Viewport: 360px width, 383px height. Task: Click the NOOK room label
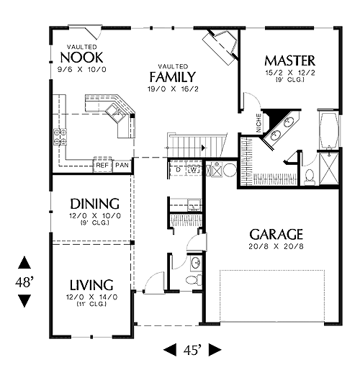(x=81, y=58)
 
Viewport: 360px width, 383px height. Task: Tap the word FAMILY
(x=173, y=77)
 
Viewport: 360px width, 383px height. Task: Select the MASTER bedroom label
(x=290, y=60)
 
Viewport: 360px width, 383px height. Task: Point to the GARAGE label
(x=276, y=235)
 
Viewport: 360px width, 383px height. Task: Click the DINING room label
(x=95, y=204)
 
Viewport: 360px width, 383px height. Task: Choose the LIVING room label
(x=91, y=285)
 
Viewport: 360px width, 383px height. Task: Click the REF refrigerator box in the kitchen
(x=102, y=165)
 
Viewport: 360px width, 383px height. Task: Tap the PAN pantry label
(x=122, y=165)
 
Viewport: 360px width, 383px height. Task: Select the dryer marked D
(x=179, y=169)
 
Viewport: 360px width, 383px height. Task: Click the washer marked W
(x=194, y=169)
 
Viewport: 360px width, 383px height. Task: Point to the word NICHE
(x=258, y=123)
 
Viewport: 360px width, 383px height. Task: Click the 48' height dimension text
(x=24, y=282)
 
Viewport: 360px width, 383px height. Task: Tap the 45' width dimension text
(x=192, y=351)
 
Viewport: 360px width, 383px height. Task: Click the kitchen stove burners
(x=60, y=137)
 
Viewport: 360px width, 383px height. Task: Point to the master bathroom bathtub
(x=329, y=130)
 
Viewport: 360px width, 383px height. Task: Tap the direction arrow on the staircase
(x=204, y=148)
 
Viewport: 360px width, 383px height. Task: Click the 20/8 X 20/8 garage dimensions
(x=276, y=246)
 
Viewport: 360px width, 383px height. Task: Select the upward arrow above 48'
(x=24, y=262)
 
